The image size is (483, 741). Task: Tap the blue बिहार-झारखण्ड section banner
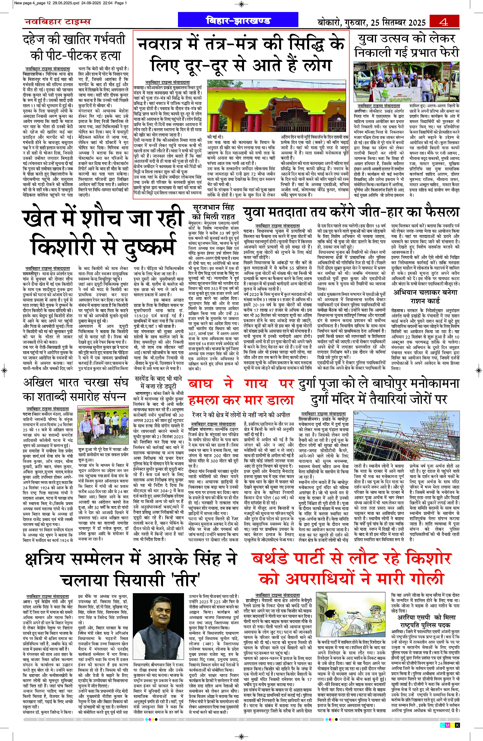(238, 21)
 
